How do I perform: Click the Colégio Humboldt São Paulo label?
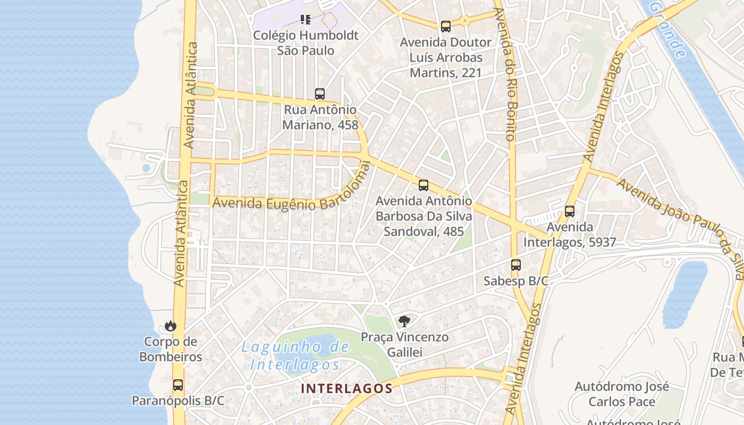click(x=306, y=43)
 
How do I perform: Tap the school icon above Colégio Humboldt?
click(x=306, y=20)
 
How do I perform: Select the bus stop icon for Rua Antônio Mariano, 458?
click(x=319, y=94)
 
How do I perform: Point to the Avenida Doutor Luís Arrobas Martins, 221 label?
click(x=445, y=57)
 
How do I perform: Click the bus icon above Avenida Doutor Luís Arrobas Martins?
click(x=445, y=26)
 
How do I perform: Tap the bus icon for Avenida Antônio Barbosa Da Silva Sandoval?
click(x=423, y=185)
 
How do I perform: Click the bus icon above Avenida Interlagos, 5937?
click(x=570, y=211)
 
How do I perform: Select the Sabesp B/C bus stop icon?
click(x=515, y=265)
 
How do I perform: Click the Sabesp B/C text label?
click(x=515, y=281)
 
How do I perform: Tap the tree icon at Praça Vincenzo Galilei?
click(x=404, y=321)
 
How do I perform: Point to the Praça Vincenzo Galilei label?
click(x=404, y=344)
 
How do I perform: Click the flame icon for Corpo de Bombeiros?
click(x=171, y=326)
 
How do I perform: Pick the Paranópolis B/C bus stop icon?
click(x=178, y=385)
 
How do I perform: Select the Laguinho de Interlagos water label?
click(x=295, y=356)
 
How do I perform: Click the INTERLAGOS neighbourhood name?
click(x=346, y=388)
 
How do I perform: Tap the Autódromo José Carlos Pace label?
click(x=621, y=394)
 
